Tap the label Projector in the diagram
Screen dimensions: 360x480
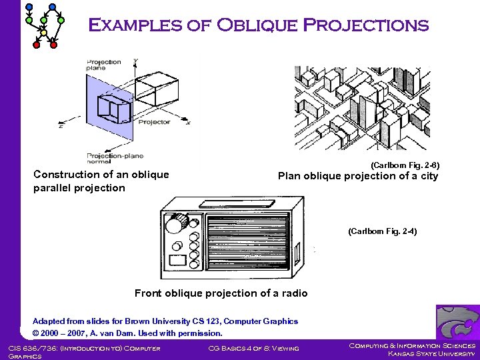[x=154, y=122]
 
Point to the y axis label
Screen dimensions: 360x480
[x=136, y=61]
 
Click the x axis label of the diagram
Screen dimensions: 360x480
[x=188, y=123]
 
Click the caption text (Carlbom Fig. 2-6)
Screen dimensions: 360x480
[x=405, y=165]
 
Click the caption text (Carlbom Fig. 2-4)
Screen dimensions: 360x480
[x=382, y=231]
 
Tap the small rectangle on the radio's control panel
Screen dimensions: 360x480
[x=178, y=259]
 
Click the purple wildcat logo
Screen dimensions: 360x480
[x=457, y=322]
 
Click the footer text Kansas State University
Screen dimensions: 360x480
[x=431, y=353]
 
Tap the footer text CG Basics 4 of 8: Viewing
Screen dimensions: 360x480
[x=253, y=347]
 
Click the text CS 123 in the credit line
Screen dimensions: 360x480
[x=209, y=321]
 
